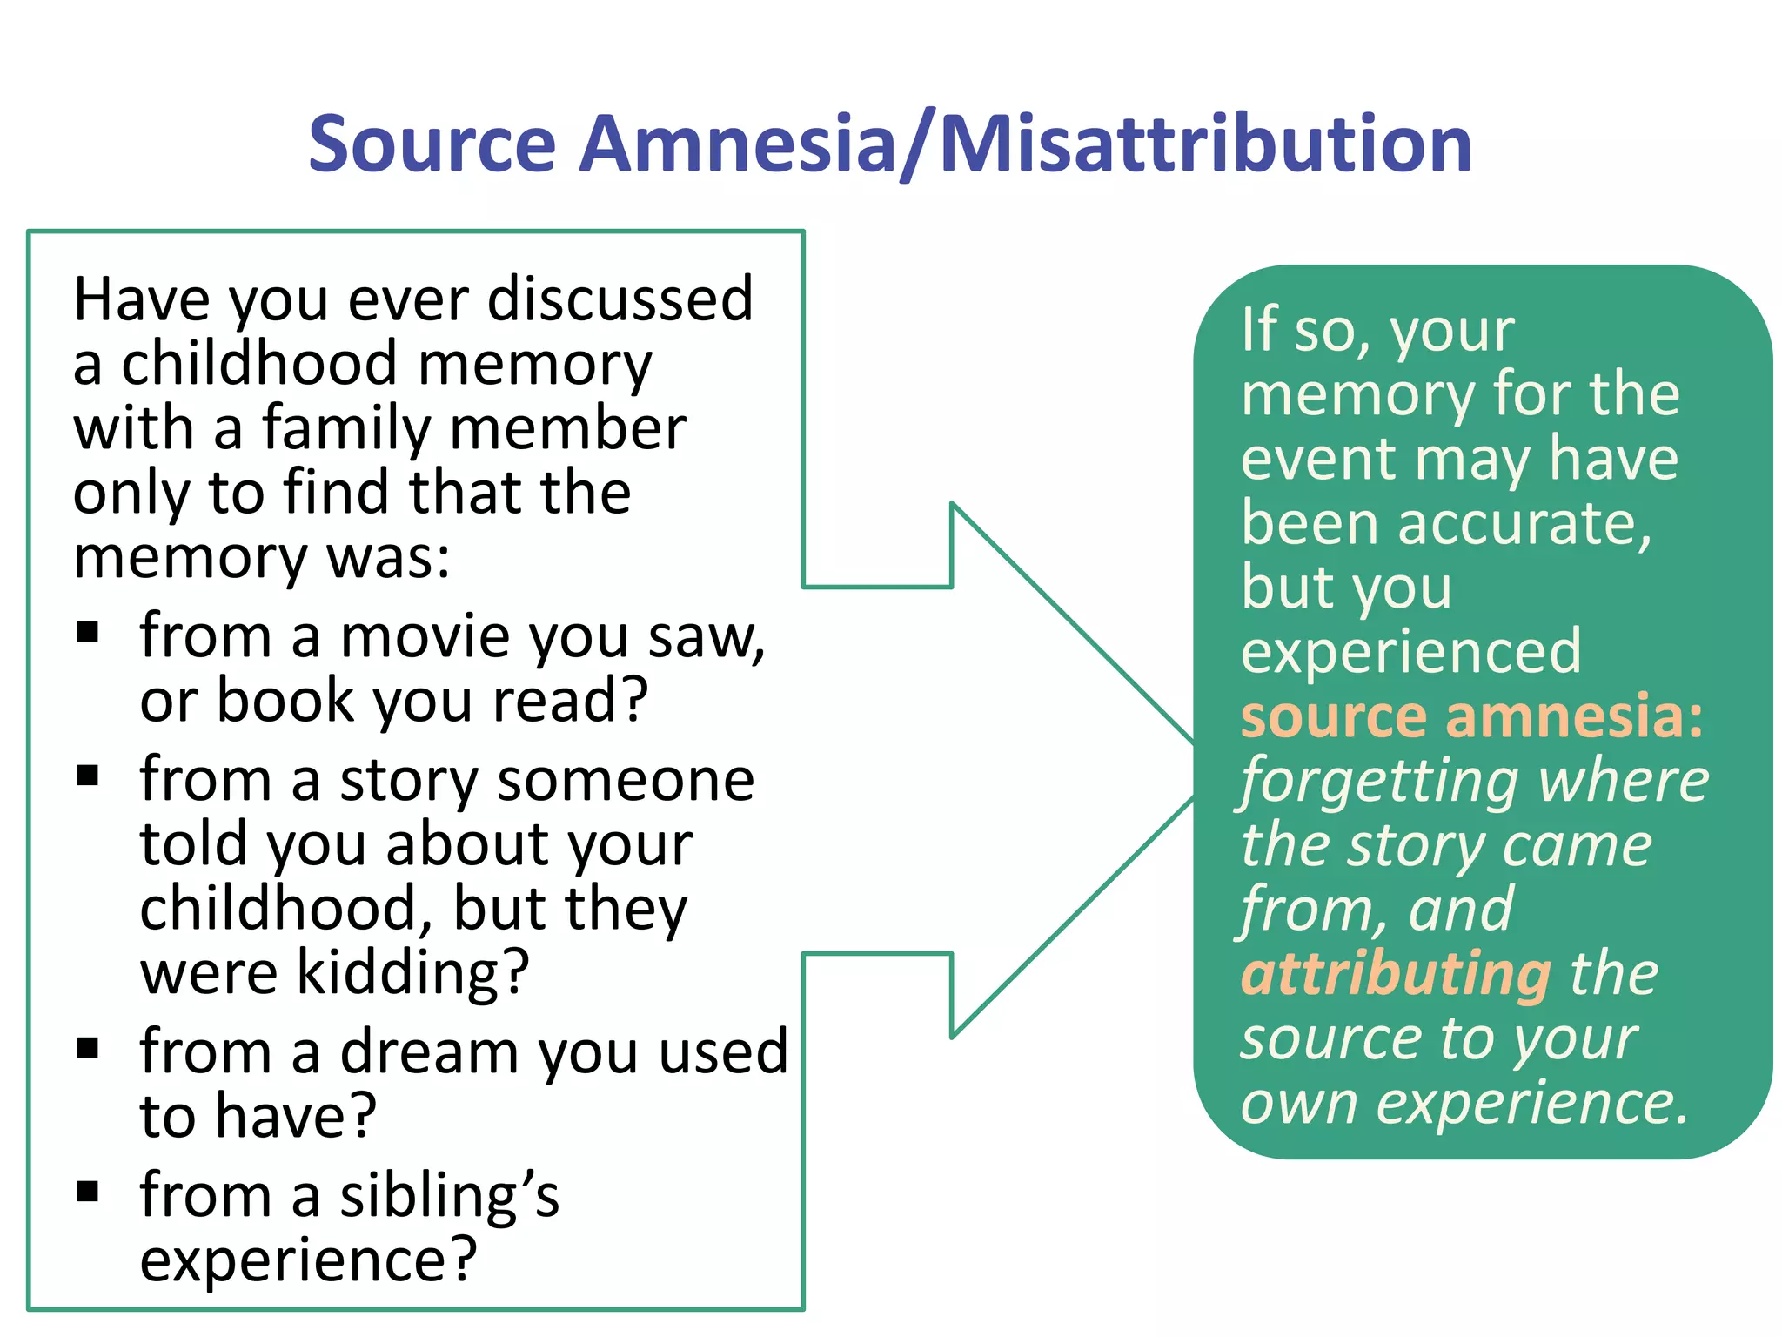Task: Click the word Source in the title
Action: (432, 144)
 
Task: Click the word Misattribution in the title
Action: (1206, 144)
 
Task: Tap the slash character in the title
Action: (918, 144)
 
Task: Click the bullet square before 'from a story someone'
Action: (88, 774)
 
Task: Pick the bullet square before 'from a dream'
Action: (88, 1047)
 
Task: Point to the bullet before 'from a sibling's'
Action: (88, 1190)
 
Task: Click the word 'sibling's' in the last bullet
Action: (449, 1195)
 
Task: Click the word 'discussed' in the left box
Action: (620, 299)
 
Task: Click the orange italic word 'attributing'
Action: (1396, 974)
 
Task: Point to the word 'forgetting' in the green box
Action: (1382, 781)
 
